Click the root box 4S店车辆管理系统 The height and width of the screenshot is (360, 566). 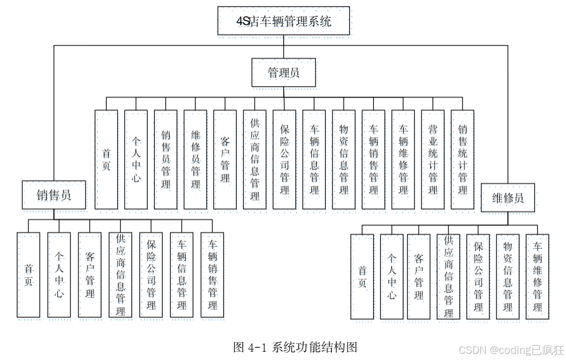tap(284, 21)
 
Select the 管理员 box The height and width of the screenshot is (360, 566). tap(284, 72)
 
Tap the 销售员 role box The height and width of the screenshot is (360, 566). tap(54, 195)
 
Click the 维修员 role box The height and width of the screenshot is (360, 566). tap(508, 198)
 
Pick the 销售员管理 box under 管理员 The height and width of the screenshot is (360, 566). tap(166, 159)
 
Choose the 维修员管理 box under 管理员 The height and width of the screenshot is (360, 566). tap(195, 159)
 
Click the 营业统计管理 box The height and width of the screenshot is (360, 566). tap(433, 159)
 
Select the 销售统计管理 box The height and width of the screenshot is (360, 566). tap(463, 159)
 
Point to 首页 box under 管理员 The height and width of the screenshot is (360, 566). tap(106, 159)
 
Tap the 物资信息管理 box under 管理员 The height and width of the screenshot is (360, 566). tap(344, 159)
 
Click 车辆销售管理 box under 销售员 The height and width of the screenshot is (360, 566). tap(212, 275)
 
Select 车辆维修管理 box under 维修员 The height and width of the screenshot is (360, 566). tap(537, 277)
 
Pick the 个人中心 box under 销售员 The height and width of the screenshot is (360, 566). tap(59, 275)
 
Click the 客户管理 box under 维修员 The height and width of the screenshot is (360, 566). tap(419, 277)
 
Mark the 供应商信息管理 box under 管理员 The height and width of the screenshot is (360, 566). tap(255, 159)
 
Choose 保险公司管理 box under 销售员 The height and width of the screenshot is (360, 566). tap(151, 275)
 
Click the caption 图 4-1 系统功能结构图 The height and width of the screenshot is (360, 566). tap(295, 348)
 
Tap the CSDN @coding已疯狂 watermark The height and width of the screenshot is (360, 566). tap(512, 350)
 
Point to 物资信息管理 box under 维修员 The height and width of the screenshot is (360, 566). tap(508, 277)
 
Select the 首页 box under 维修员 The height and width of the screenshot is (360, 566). tap(362, 277)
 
